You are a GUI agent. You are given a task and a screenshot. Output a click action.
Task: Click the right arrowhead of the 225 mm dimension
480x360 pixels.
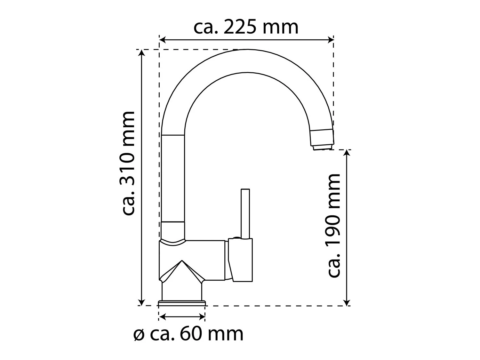click(330, 40)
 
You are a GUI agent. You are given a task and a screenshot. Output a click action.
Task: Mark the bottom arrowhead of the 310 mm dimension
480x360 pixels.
click(142, 302)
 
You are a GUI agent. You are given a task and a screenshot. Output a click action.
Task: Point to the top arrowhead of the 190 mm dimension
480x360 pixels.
click(346, 153)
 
